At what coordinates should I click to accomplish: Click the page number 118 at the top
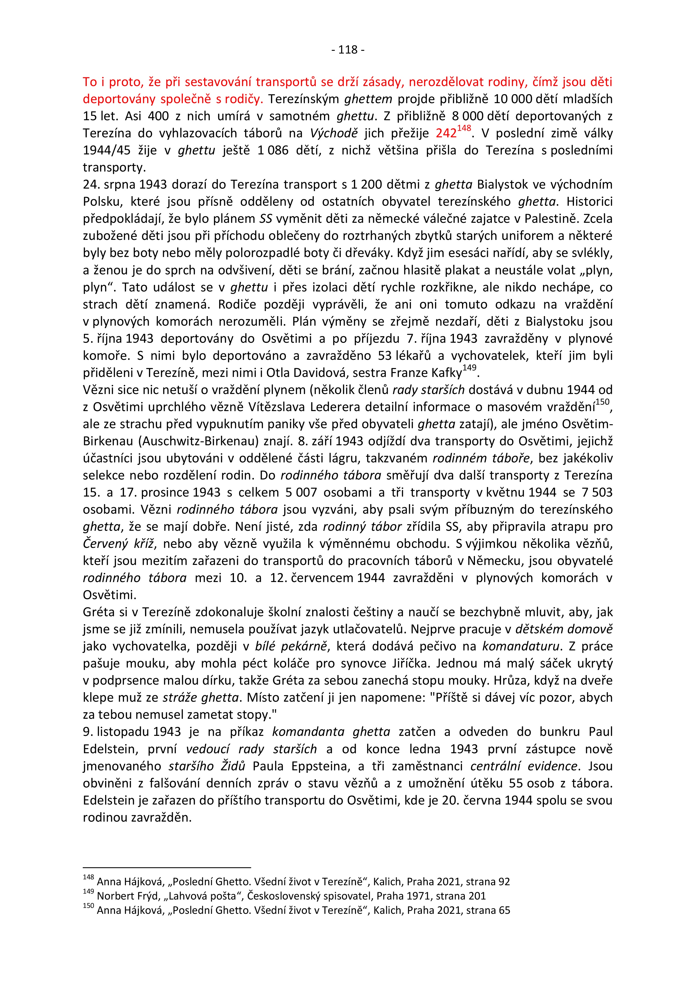[x=348, y=50]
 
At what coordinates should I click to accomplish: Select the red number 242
[x=446, y=134]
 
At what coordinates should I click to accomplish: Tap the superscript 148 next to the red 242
[x=464, y=128]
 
